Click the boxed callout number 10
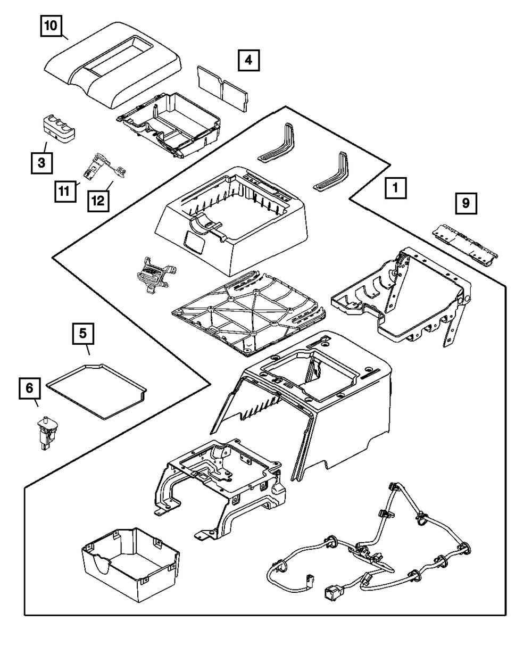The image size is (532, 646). pyautogui.click(x=52, y=26)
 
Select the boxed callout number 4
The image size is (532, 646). pyautogui.click(x=248, y=60)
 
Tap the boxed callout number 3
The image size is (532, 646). pyautogui.click(x=41, y=163)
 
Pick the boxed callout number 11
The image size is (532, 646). pyautogui.click(x=65, y=192)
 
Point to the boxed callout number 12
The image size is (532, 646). pyautogui.click(x=98, y=201)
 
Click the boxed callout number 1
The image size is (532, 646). pyautogui.click(x=396, y=188)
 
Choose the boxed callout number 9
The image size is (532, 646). pyautogui.click(x=466, y=203)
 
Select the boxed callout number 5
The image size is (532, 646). pyautogui.click(x=83, y=334)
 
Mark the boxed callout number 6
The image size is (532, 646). pyautogui.click(x=30, y=388)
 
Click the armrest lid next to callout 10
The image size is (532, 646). pyautogui.click(x=112, y=65)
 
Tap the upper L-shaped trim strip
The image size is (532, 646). pyautogui.click(x=276, y=142)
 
